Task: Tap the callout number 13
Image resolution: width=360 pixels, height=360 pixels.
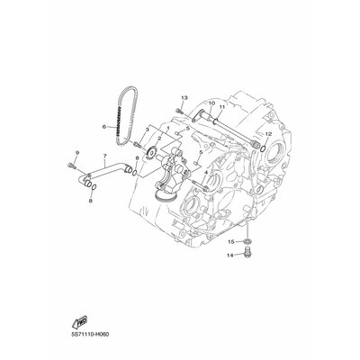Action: (x=184, y=98)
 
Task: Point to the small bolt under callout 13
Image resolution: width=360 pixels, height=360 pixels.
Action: (x=180, y=110)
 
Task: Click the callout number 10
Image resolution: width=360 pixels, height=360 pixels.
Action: (x=211, y=103)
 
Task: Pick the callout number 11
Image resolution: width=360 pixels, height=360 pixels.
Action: (x=222, y=106)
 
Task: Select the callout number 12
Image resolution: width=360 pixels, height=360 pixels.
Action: (x=268, y=134)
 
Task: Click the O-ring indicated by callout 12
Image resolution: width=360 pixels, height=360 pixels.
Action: (x=263, y=148)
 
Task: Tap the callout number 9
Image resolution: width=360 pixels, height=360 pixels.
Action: (x=77, y=153)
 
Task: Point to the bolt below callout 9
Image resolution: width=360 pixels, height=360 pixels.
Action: (x=71, y=165)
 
